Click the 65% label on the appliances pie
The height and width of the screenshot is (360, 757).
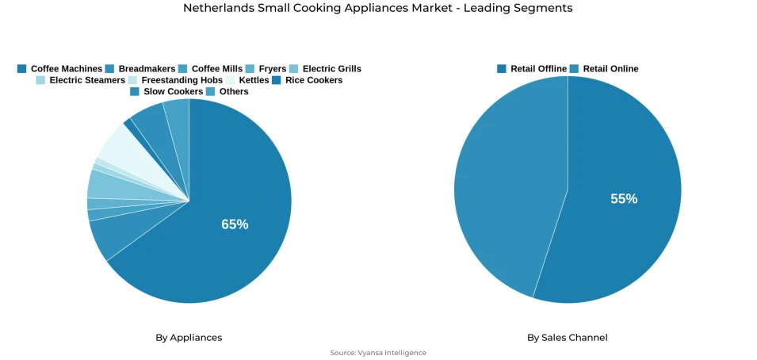tap(235, 224)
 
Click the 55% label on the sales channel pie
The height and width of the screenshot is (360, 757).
tap(624, 199)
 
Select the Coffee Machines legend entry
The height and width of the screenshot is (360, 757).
tap(60, 69)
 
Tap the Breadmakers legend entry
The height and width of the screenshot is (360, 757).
tap(140, 69)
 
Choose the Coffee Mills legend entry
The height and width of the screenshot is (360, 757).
tap(211, 69)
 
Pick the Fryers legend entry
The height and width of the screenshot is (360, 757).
tap(266, 69)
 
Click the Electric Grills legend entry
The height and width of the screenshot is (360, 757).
tap(325, 69)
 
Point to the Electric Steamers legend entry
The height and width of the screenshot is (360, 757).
tap(81, 80)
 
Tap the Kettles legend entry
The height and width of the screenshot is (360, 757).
tap(247, 80)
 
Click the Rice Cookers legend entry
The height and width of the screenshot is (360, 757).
tap(308, 80)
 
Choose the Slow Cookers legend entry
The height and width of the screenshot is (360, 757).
tap(166, 91)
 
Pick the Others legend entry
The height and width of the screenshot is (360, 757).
tap(227, 91)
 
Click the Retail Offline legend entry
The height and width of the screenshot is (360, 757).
tap(532, 69)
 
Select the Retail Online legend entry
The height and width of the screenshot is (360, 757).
tap(604, 69)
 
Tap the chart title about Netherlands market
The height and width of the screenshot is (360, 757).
tap(378, 8)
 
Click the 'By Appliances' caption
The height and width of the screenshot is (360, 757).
tap(189, 337)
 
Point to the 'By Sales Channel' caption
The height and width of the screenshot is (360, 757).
tap(568, 337)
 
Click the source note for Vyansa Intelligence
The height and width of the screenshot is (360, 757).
tap(378, 353)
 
